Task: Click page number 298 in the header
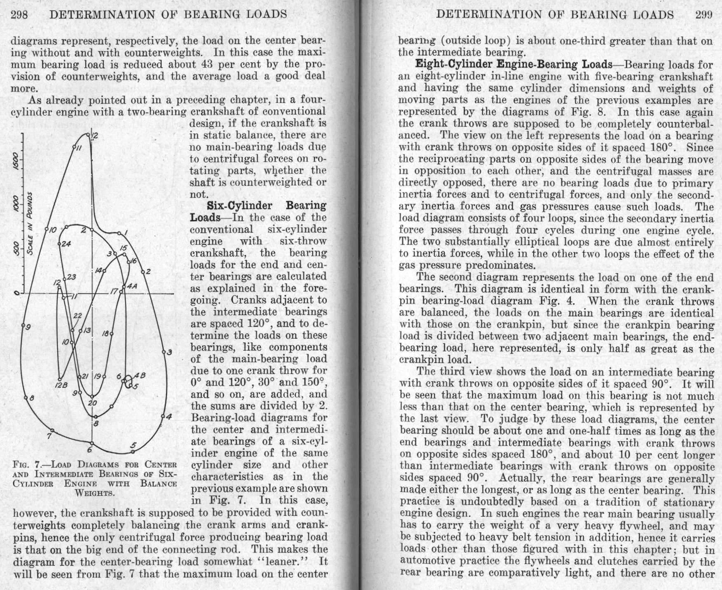(x=19, y=15)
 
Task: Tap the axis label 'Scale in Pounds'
(x=30, y=223)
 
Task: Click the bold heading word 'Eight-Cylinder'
(x=448, y=65)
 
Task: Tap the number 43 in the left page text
(x=206, y=65)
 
